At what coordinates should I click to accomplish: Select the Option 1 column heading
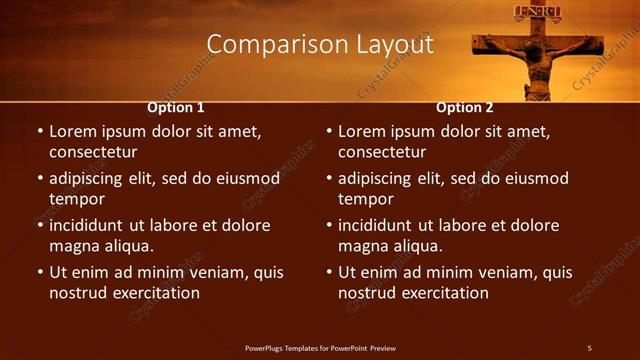click(176, 107)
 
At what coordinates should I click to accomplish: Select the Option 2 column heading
click(465, 107)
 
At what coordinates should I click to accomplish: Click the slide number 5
click(589, 347)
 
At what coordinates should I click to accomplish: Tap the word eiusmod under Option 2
click(534, 178)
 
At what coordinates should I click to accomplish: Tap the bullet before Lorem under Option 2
click(329, 132)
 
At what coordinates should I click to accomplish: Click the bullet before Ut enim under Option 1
click(40, 272)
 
